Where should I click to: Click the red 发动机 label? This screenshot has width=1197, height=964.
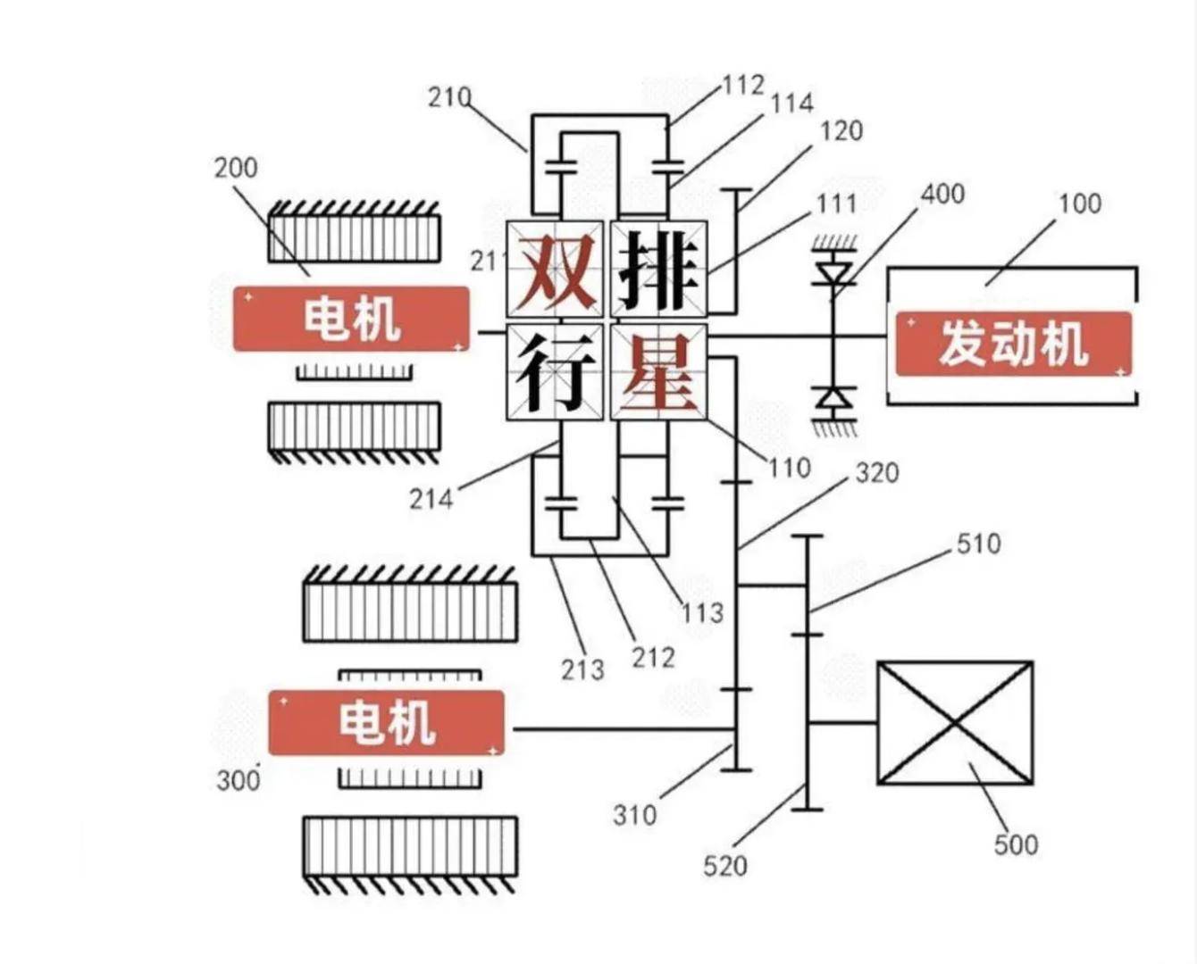[x=1013, y=344]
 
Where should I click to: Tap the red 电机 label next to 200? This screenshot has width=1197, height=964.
[x=351, y=319]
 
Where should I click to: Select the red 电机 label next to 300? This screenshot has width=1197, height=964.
[x=386, y=722]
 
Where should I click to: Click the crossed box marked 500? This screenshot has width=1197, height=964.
[x=955, y=724]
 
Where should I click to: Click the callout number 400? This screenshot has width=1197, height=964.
[x=942, y=194]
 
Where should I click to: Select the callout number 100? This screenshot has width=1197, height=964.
[x=1080, y=204]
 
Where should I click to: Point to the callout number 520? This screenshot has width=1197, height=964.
[x=724, y=865]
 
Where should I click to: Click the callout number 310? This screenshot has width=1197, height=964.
[x=634, y=814]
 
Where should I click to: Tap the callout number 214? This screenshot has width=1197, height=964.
[x=431, y=498]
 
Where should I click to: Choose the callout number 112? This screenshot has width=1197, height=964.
[x=743, y=85]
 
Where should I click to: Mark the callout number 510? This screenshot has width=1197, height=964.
[x=978, y=543]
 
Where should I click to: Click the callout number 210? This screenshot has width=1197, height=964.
[x=449, y=96]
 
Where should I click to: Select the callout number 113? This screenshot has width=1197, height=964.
[x=702, y=612]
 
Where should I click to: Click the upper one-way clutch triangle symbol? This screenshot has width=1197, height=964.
[x=834, y=269]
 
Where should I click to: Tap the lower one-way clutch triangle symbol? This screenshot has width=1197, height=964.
[x=834, y=399]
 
